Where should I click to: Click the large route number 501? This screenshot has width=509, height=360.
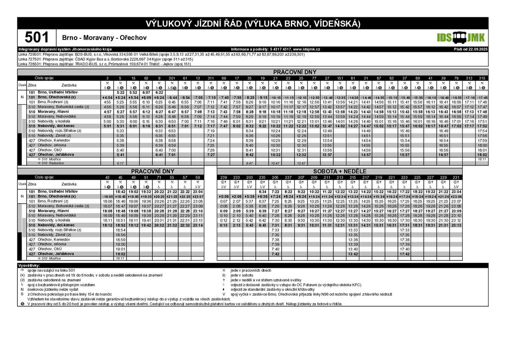[37, 37]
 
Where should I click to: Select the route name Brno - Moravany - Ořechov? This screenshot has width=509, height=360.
[104, 38]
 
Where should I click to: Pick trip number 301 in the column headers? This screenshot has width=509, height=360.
[172, 78]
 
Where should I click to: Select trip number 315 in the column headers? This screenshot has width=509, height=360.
[482, 78]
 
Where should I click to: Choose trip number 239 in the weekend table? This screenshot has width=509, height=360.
[224, 177]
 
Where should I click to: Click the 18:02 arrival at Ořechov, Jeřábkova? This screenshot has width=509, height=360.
[482, 155]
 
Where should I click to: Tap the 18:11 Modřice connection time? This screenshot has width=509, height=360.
[482, 159]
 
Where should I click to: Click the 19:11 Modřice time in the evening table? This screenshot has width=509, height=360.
[120, 258]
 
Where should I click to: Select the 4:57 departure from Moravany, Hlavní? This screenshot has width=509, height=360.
[107, 112]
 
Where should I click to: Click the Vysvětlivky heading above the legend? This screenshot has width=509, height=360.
[30, 265]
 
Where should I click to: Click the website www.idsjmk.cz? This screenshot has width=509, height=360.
[306, 49]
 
